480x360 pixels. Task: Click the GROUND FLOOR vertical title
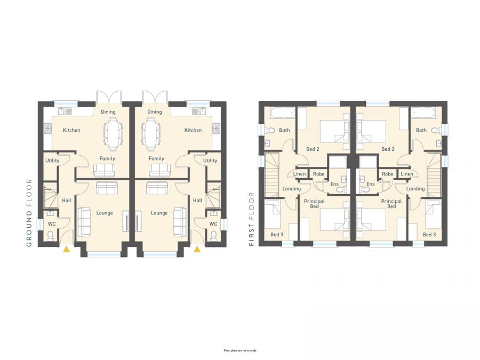coord(30,213)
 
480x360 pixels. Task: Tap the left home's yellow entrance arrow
coord(66,248)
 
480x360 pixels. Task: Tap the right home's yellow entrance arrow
coord(197,248)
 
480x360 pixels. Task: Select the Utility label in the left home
coord(52,161)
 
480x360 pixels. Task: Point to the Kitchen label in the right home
coord(193,130)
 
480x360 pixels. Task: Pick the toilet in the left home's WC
coord(51,235)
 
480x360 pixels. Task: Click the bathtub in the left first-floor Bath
coord(281,114)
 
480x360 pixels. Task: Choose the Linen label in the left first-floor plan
coord(299,174)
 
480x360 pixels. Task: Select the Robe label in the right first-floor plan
coord(388,174)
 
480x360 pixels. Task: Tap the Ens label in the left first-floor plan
coord(334,185)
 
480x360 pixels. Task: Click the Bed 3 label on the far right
coord(429,235)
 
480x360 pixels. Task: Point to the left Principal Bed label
coord(314,204)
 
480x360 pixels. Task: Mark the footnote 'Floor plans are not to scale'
coord(240,350)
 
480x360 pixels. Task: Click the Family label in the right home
coord(157,158)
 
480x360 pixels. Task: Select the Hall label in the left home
coord(67,201)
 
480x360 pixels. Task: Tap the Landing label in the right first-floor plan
coord(415,188)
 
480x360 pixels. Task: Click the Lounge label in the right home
coord(159,213)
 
